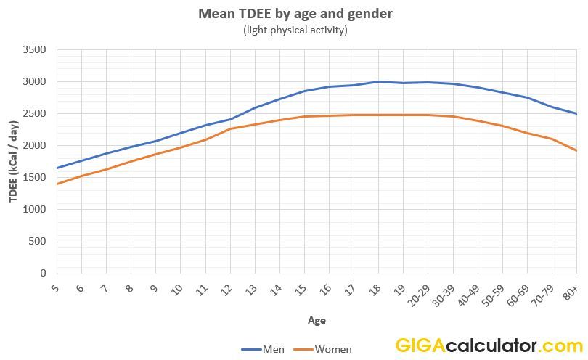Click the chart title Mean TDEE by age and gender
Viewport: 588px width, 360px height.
coord(295,14)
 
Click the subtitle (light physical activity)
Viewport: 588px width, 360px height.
coord(295,30)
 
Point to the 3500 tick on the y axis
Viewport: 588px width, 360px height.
coord(35,50)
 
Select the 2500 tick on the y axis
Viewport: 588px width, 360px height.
coord(35,114)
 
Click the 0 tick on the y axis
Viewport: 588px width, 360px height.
coord(42,274)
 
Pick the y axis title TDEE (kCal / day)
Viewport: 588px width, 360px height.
coord(14,162)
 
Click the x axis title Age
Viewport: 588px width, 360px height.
coord(317,320)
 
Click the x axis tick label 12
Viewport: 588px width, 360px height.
coord(227,289)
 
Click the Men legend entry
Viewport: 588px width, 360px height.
coord(264,349)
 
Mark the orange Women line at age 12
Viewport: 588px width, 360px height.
coord(230,129)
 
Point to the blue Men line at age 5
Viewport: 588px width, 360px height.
coord(57,168)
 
